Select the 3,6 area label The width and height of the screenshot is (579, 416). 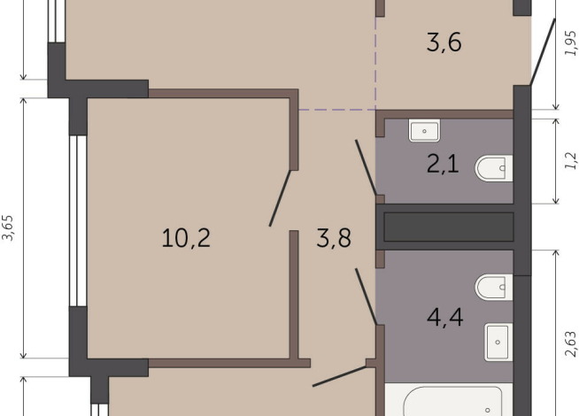(x=444, y=42)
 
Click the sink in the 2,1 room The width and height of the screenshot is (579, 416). (x=425, y=131)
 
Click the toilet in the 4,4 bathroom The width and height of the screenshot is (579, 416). (x=492, y=287)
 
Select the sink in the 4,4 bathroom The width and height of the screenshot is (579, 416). (x=498, y=341)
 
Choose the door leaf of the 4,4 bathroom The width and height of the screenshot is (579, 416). (x=366, y=297)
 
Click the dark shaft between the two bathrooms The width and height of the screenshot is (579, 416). (x=448, y=227)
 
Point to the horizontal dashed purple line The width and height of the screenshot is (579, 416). (x=336, y=111)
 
